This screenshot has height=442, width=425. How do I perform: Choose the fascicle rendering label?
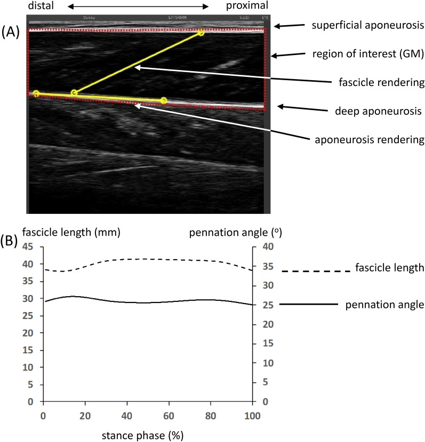pos(381,83)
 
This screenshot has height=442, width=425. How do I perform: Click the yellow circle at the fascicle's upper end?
pos(201,33)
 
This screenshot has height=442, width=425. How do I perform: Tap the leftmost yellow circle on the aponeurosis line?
pos(36,94)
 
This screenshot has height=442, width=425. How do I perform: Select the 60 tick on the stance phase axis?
pos(169,415)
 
